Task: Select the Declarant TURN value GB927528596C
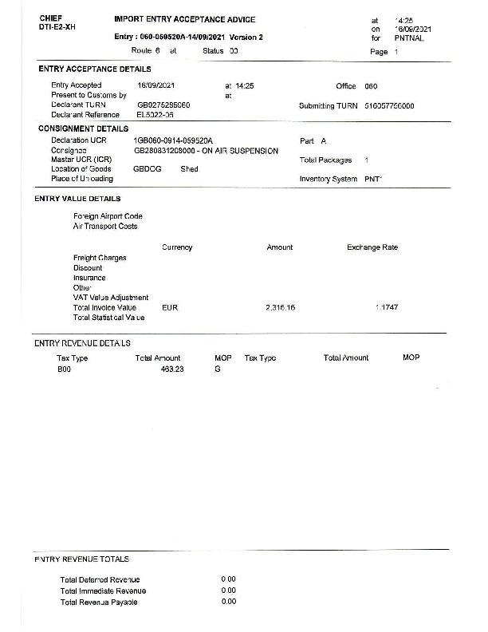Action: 163,105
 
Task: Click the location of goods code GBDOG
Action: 148,169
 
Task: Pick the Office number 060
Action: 371,86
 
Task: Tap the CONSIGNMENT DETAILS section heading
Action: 84,128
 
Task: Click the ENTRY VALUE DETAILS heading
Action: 78,199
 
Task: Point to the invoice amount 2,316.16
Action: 280,307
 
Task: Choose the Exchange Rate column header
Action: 372,247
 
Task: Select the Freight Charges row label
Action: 100,258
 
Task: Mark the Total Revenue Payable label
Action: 99,602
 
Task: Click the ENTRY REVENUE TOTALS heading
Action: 81,559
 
